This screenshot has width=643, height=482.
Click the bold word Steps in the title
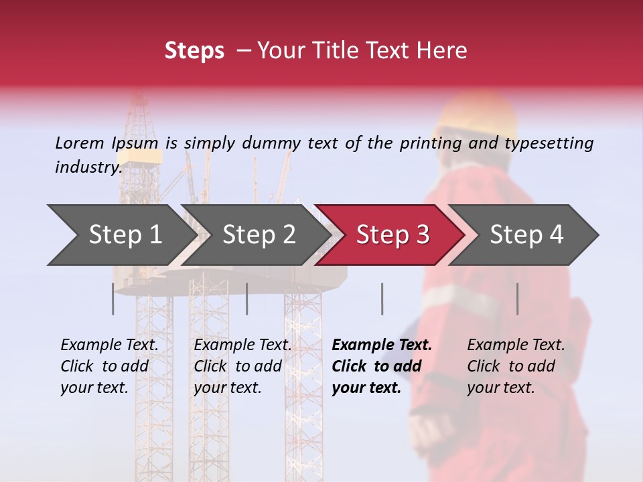[194, 51]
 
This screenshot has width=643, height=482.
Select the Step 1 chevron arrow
[121, 235]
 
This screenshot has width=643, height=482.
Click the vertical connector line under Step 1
[113, 299]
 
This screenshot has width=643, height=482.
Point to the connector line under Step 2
[247, 299]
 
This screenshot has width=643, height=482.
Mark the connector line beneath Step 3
[382, 299]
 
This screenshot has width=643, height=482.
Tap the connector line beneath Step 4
[517, 299]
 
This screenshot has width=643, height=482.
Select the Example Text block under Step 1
[109, 366]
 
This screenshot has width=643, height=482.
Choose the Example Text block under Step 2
[242, 366]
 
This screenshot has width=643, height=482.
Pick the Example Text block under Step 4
[516, 366]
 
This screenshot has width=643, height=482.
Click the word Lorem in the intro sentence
[79, 143]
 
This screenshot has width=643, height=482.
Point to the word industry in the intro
[88, 167]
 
